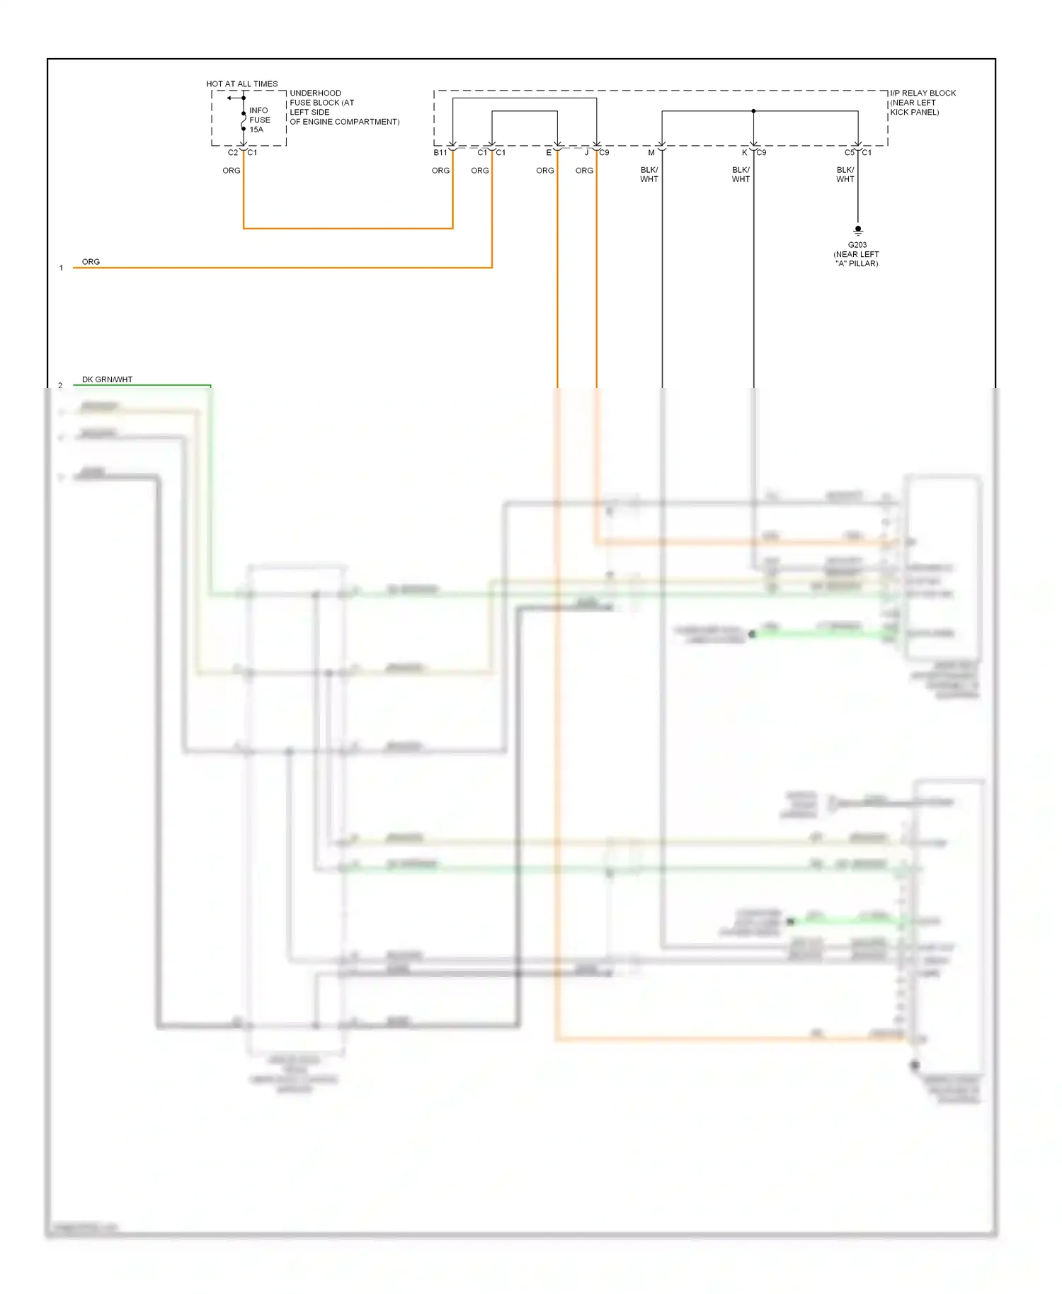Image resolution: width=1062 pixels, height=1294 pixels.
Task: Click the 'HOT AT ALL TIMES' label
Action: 241,84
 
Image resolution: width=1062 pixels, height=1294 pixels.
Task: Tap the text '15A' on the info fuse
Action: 256,130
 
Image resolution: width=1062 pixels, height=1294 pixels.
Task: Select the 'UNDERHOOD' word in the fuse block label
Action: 315,93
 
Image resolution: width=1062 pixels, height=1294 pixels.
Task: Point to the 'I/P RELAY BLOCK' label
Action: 923,93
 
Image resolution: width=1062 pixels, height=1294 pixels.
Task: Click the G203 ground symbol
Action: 858,230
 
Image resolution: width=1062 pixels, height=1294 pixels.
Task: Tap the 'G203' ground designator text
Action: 857,245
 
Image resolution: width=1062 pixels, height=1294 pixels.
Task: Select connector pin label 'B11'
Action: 440,153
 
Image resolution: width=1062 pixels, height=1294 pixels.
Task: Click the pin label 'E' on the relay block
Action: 549,153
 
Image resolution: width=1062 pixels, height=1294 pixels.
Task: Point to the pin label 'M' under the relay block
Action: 651,153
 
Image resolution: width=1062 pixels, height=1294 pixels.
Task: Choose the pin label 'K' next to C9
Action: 744,153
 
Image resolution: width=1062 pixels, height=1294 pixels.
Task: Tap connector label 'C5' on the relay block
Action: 849,153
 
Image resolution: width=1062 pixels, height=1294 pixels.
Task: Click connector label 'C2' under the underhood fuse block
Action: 233,153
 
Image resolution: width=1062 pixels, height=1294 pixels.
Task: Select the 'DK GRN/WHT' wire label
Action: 107,379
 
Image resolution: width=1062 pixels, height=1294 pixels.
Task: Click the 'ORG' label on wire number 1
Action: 91,262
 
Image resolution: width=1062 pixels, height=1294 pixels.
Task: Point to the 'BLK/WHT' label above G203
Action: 845,174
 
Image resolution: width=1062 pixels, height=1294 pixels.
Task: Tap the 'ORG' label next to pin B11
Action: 440,171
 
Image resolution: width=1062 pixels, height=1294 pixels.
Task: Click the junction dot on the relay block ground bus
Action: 753,111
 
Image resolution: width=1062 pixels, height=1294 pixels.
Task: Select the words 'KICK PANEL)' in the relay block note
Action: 914,112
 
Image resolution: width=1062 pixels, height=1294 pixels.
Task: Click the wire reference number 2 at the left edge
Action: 60,386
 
